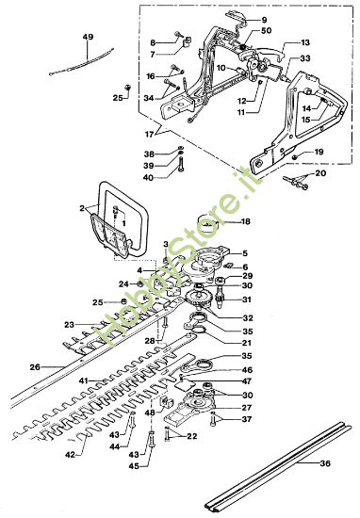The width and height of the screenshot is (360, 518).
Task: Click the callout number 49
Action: pos(89,37)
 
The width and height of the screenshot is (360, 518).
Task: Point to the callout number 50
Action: pos(266,31)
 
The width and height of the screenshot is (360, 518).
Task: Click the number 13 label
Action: pos(305,43)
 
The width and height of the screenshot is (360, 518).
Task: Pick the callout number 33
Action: pos(305,58)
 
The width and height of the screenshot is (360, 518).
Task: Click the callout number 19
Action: pos(319,152)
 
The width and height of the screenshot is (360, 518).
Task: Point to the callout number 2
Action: pos(82,207)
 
